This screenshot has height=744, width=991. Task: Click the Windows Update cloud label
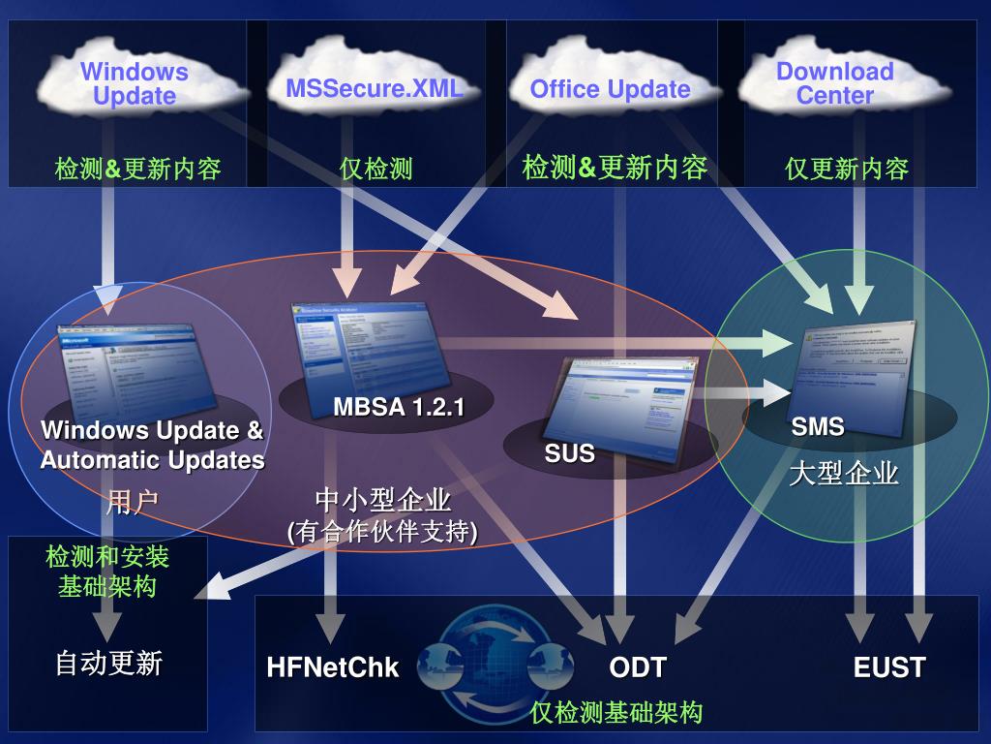pos(135,83)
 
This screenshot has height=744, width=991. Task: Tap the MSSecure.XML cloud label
pos(375,89)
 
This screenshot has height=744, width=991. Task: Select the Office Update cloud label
pos(610,90)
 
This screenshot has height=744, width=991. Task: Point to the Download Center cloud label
pos(834,83)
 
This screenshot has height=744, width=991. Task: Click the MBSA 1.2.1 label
pos(399,407)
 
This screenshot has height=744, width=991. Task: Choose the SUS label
pos(569,453)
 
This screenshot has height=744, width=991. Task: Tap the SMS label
pos(818,426)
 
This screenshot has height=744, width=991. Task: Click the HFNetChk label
pos(333,667)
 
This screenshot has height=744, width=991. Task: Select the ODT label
pos(638,667)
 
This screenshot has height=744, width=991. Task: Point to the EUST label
pos(889,667)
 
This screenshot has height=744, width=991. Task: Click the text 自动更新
pos(108,664)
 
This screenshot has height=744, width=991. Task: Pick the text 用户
pos(133,502)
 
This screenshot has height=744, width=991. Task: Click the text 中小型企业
pos(383,501)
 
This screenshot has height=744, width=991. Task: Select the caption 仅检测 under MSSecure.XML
pos(376,170)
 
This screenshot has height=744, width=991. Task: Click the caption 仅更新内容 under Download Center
pos(847,170)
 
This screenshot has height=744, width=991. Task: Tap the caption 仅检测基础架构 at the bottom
pos(616,713)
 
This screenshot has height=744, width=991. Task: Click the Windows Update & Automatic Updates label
pos(152,445)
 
